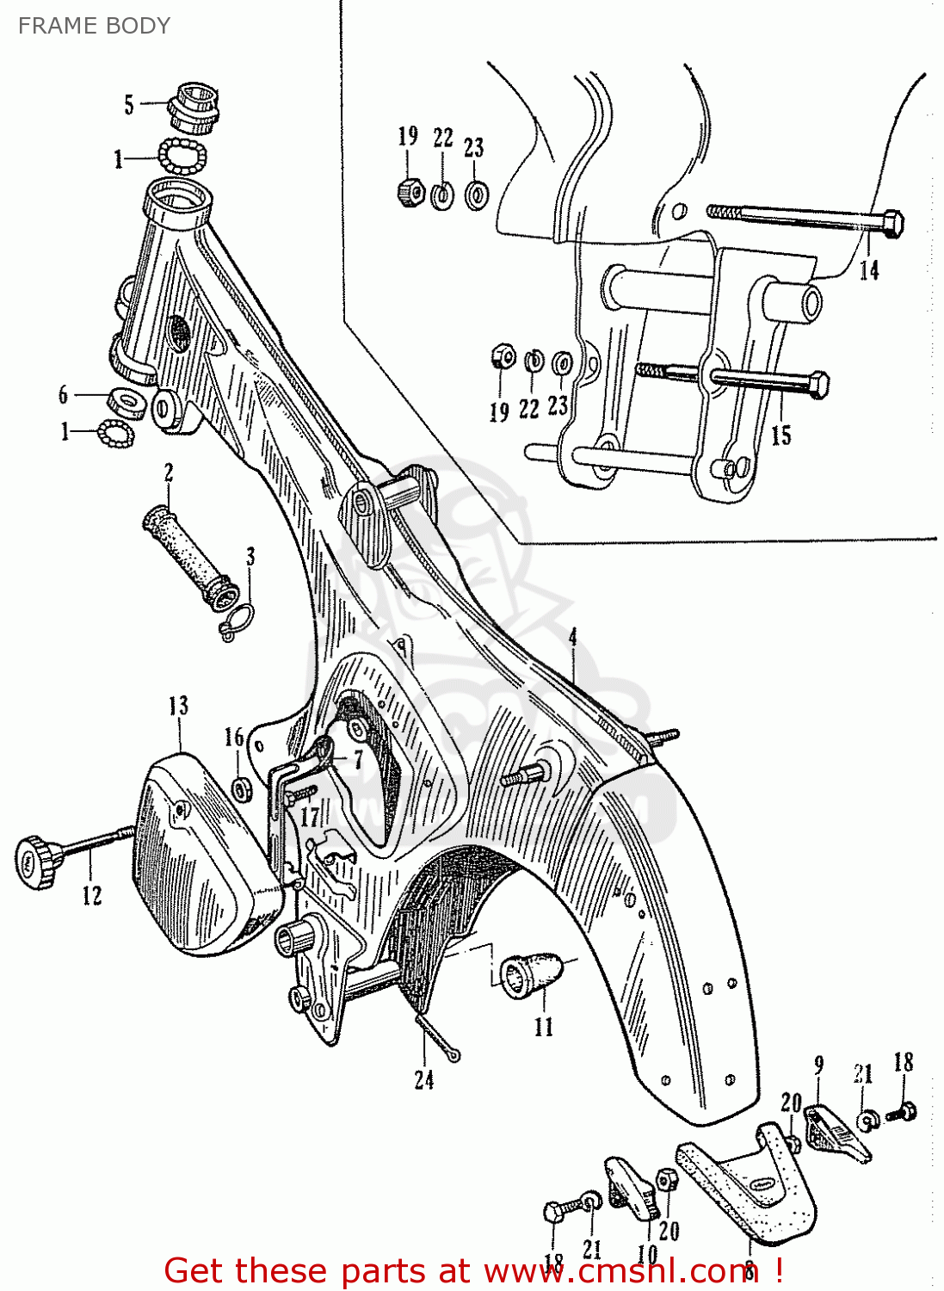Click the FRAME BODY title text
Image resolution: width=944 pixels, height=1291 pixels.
(94, 26)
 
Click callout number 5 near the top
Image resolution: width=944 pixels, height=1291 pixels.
(129, 105)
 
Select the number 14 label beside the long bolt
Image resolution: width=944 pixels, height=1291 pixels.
(869, 270)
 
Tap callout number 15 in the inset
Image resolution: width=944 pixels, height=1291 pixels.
(780, 435)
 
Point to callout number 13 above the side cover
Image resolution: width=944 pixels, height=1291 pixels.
(178, 707)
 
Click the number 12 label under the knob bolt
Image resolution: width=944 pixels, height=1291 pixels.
(92, 896)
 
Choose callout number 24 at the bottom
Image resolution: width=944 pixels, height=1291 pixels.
(424, 1080)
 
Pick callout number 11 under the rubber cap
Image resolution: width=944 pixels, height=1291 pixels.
(544, 1027)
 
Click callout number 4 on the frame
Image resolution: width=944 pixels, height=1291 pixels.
(572, 638)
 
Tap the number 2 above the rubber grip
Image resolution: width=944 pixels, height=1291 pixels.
(169, 473)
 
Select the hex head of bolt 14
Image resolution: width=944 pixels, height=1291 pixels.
(893, 224)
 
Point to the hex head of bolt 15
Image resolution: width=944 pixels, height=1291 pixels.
(819, 385)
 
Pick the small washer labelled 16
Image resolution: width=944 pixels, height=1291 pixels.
(244, 788)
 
